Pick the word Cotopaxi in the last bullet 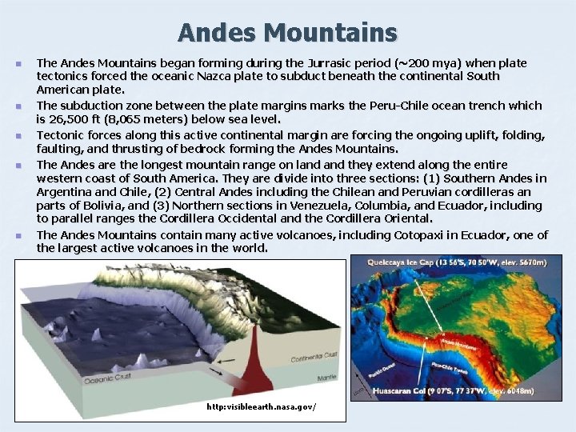coord(422,235)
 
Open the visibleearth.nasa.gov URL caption coord(261,407)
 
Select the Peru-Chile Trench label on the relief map coord(449,366)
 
